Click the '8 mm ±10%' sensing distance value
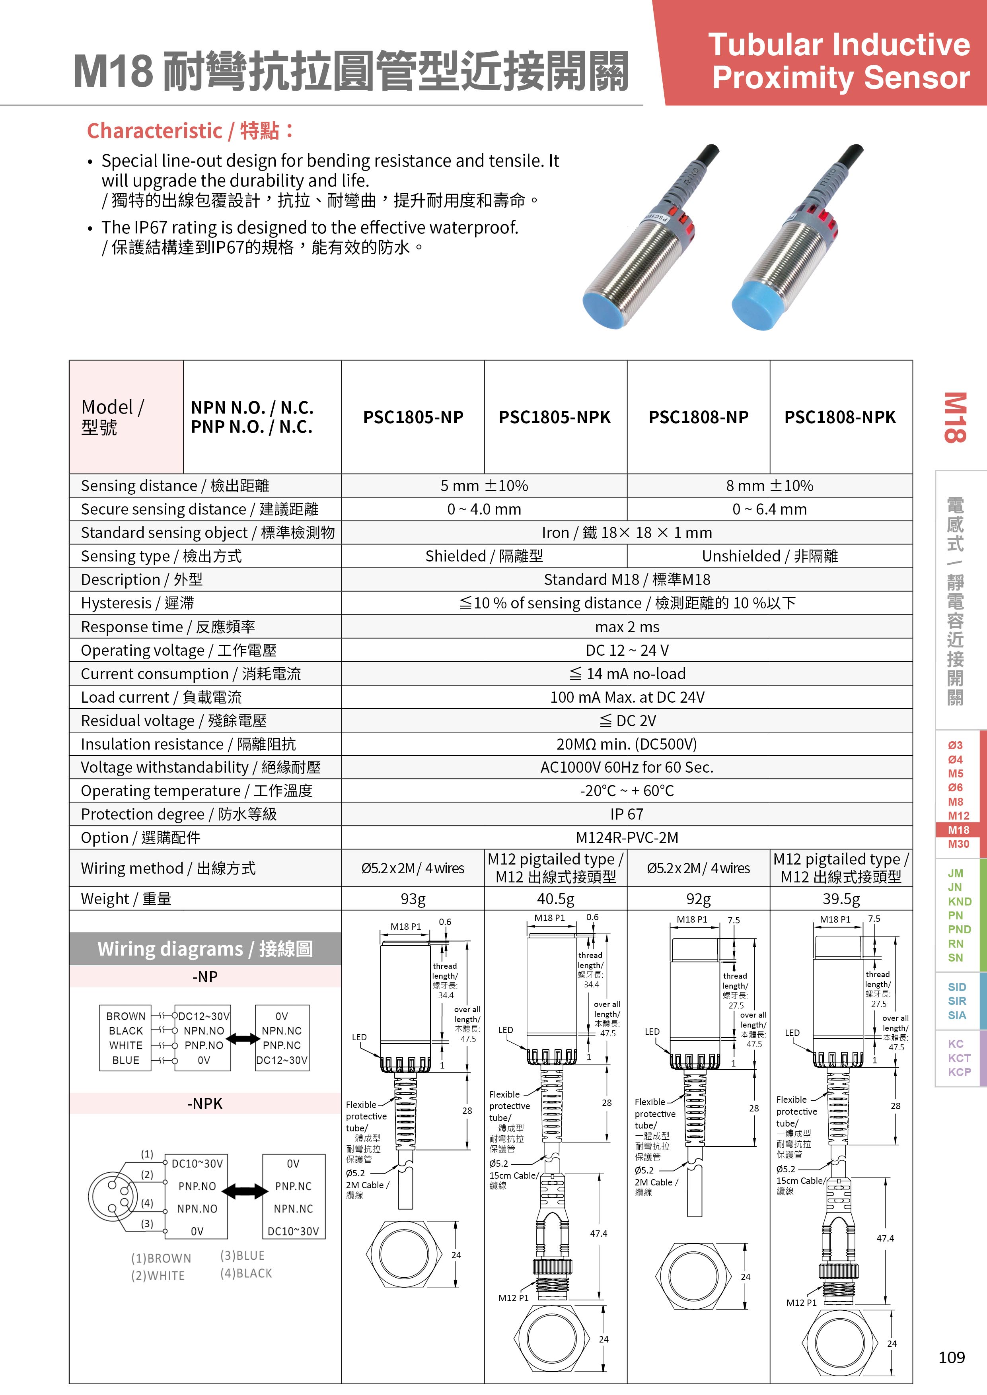[769, 486]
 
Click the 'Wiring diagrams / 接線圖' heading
[205, 948]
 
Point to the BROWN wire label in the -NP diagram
[126, 1016]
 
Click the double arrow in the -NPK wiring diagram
[245, 1191]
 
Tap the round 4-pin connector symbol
[113, 1195]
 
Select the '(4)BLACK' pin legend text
[246, 1273]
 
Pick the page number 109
[951, 1357]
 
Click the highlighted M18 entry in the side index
[958, 830]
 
